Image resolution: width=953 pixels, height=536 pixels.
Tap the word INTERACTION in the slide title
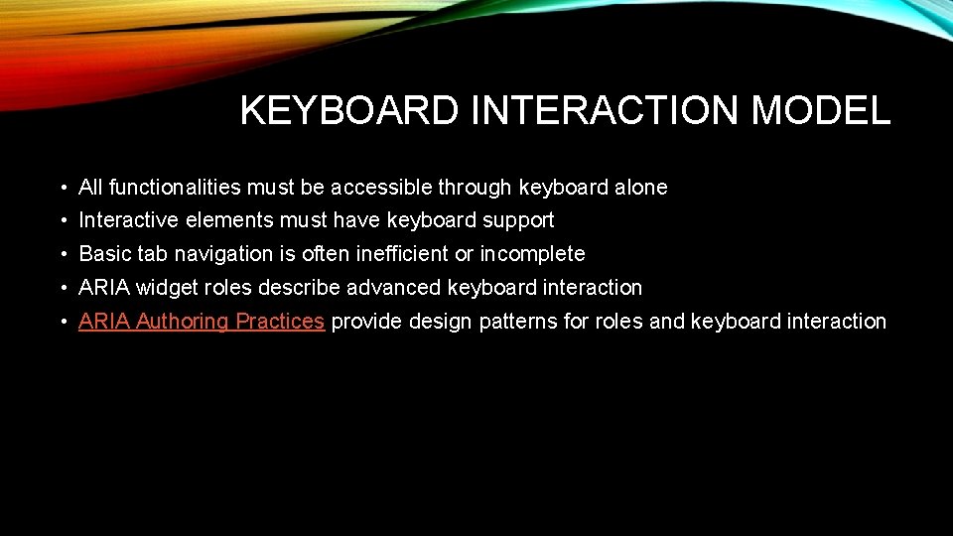(605, 111)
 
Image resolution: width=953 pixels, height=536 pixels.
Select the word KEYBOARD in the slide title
(348, 111)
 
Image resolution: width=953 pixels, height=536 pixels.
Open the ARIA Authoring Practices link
(202, 321)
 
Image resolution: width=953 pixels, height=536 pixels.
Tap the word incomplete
(532, 254)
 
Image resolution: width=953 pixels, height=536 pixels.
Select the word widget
(165, 288)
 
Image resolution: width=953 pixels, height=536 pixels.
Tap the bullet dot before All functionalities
(63, 188)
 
